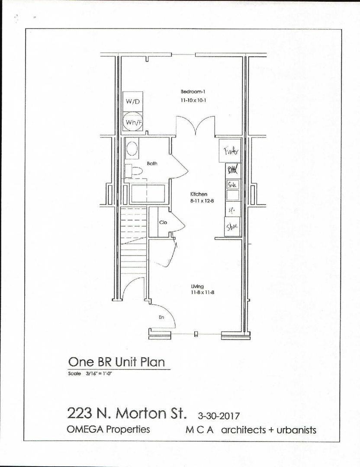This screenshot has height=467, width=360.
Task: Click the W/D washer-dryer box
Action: pos(133,101)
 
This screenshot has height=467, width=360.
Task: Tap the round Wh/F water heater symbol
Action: pos(133,122)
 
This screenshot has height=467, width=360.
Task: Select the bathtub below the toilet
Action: pos(148,193)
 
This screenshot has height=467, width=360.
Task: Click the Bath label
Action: pos(152,163)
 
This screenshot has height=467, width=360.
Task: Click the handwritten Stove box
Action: pos(232,226)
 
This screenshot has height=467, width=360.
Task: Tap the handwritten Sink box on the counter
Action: pos(232,185)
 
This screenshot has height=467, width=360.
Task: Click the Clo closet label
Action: pos(163,223)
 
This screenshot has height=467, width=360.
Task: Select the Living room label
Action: pos(197,286)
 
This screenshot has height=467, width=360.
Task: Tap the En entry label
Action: pos(162,317)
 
